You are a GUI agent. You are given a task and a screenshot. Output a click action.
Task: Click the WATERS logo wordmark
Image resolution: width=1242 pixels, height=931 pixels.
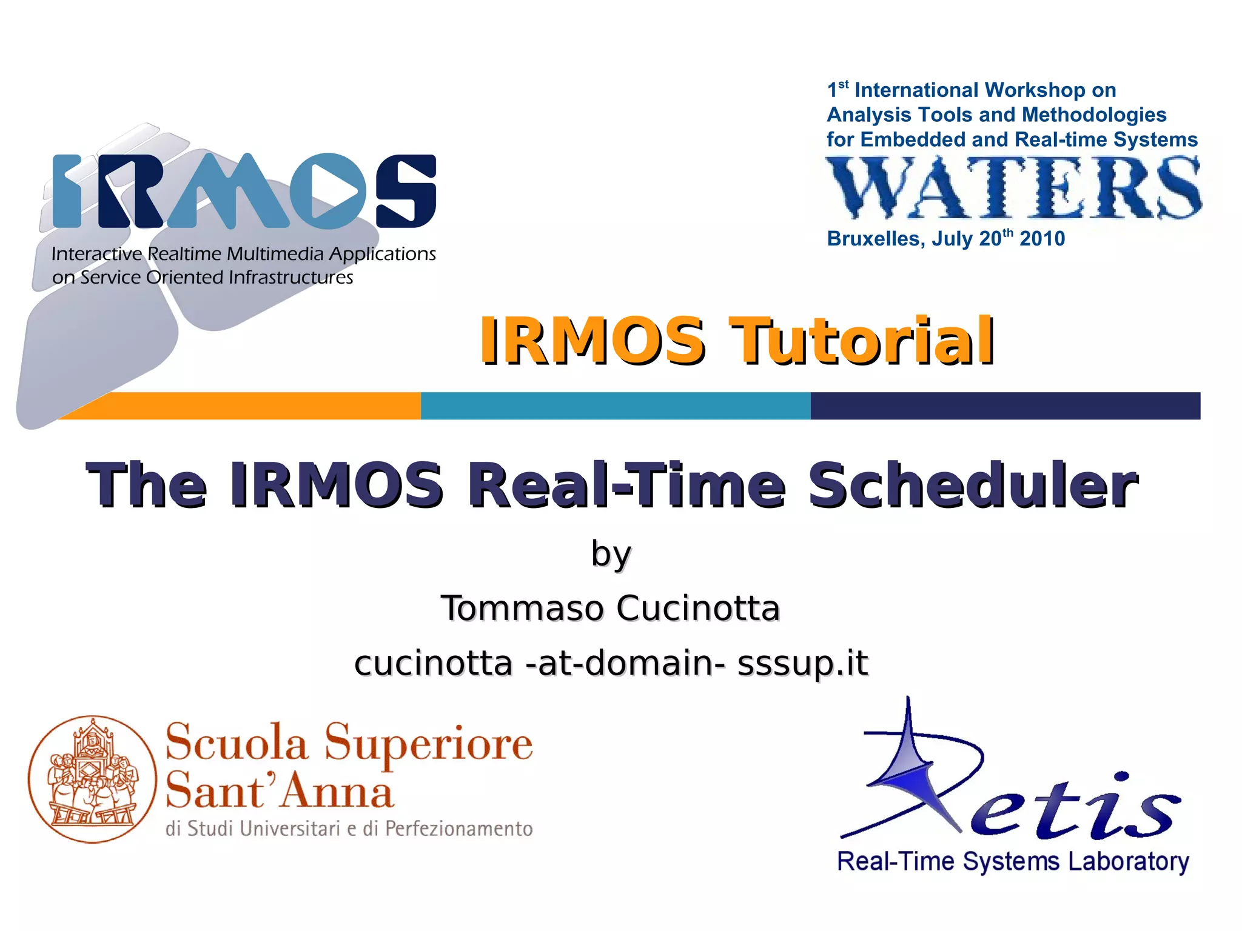[1013, 187]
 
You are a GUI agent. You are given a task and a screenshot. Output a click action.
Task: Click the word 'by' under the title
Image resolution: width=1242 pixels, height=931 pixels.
[611, 554]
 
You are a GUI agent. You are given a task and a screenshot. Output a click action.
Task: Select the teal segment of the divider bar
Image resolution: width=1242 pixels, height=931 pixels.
[615, 405]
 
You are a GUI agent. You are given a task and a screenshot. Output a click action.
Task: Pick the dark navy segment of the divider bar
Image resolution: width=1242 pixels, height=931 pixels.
[1005, 405]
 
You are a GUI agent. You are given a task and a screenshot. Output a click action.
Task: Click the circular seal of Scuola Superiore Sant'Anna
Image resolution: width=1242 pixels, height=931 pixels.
[92, 779]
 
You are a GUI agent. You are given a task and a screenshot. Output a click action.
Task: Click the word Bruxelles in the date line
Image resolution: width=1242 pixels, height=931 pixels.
[876, 239]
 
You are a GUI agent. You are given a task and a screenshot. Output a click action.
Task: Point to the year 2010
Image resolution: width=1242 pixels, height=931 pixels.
[1042, 239]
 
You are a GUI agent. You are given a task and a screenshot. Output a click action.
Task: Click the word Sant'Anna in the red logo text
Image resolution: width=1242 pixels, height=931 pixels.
[280, 791]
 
